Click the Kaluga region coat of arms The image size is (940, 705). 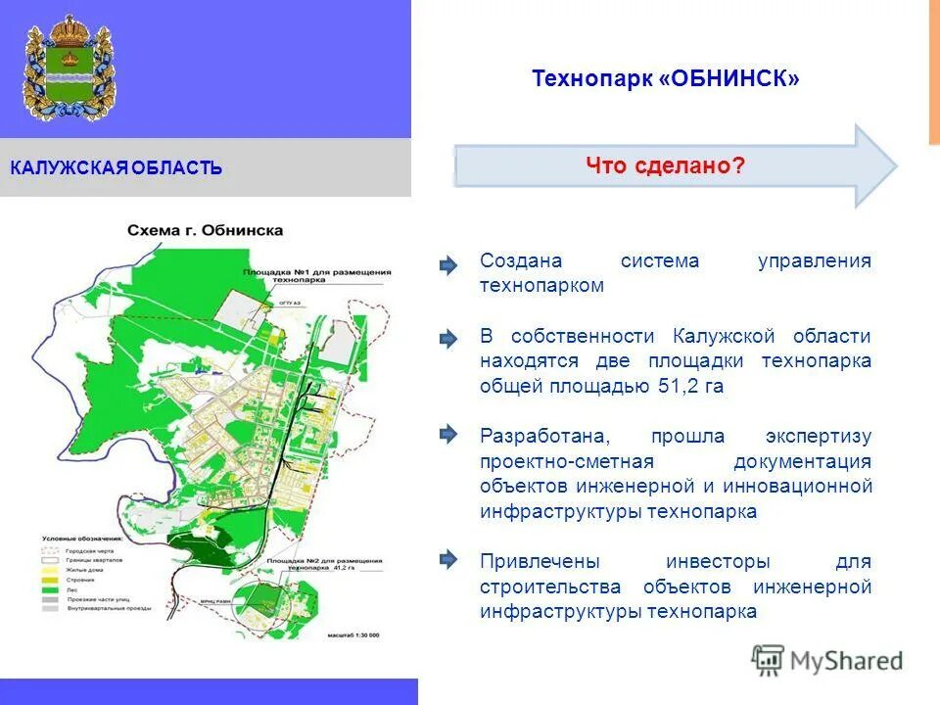tap(69, 68)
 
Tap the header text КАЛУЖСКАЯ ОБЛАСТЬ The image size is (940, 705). tap(117, 168)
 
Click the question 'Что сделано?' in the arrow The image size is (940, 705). tap(666, 165)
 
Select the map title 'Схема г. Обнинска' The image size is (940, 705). tap(205, 231)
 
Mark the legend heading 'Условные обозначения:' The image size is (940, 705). tap(82, 539)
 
